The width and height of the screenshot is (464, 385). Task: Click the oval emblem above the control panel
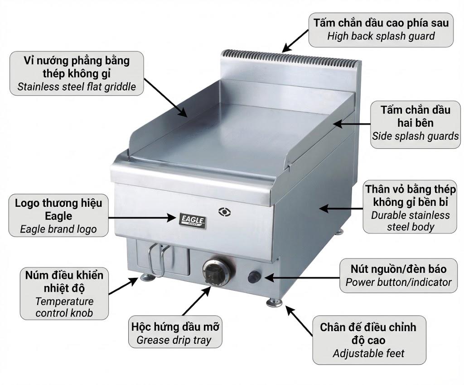[x=225, y=210]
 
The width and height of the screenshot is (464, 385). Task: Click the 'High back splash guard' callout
[x=381, y=29]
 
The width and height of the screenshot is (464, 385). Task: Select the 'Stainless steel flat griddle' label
[x=77, y=73]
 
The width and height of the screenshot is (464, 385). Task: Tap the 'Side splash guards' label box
[x=415, y=123]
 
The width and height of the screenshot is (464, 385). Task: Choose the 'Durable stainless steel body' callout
[x=410, y=208]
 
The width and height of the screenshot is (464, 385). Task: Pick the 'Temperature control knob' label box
[x=64, y=294]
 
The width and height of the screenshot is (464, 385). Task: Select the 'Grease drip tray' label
[x=176, y=333]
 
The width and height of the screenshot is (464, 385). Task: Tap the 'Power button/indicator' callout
[x=398, y=276]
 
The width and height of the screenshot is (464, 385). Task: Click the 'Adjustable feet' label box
[x=369, y=340]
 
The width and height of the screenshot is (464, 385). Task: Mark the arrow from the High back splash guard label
[x=295, y=41]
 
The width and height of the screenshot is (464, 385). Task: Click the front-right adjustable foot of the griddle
[x=274, y=300]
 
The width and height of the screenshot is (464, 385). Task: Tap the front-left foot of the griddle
[x=146, y=277]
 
